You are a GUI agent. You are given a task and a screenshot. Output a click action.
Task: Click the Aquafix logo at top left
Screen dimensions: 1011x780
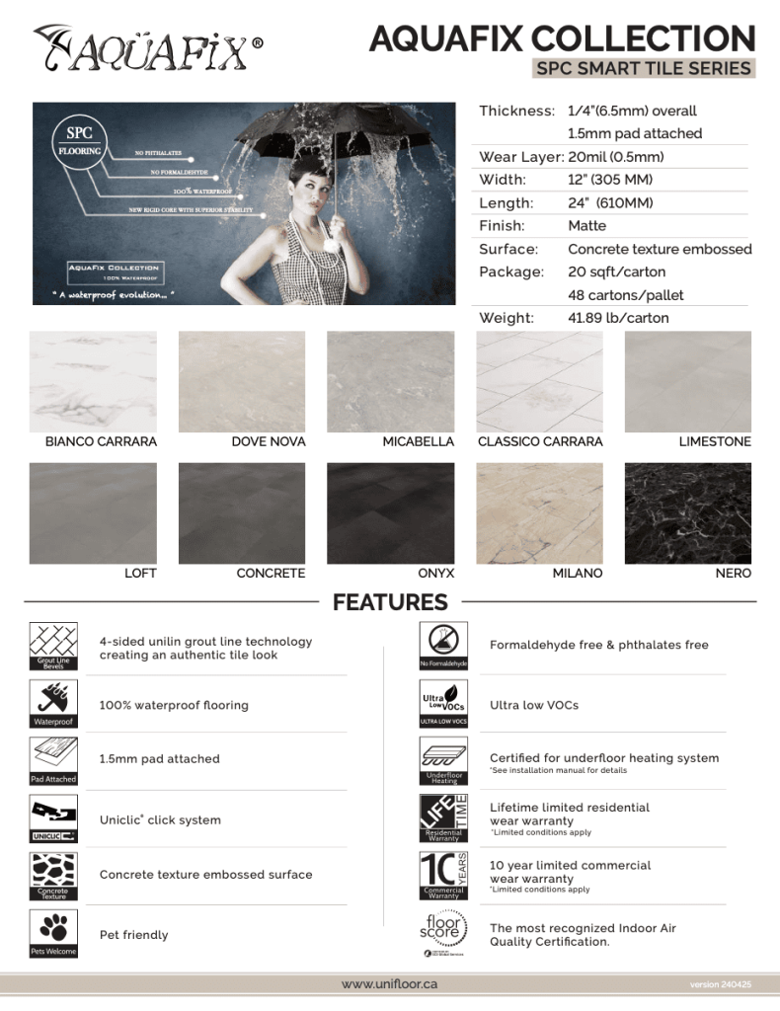click(x=148, y=48)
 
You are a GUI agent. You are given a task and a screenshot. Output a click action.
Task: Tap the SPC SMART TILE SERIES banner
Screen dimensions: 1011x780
click(x=644, y=68)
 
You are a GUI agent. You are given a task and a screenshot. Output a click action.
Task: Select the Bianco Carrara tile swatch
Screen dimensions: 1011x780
click(x=93, y=381)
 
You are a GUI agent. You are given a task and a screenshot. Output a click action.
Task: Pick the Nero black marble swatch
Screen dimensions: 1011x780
click(x=688, y=512)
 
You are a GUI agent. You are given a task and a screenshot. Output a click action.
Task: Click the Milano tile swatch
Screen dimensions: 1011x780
click(x=539, y=512)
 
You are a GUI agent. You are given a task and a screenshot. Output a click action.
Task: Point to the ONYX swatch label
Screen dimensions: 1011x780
click(x=436, y=573)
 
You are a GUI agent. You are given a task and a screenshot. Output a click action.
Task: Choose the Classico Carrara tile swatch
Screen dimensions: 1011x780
click(x=539, y=381)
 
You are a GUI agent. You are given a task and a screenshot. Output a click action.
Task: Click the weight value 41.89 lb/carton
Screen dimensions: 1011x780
click(x=618, y=318)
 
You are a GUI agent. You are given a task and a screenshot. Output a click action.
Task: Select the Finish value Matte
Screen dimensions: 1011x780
click(x=587, y=226)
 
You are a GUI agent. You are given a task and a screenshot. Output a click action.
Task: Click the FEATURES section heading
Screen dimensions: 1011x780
click(x=390, y=601)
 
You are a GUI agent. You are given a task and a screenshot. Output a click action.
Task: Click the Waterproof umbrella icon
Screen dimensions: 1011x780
click(x=53, y=703)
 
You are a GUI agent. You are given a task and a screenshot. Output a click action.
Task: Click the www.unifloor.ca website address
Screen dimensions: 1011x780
click(x=389, y=984)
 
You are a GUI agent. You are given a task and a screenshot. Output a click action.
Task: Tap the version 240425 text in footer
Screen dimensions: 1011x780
click(x=721, y=985)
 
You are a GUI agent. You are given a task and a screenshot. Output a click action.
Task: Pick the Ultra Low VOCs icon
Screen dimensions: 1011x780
click(x=443, y=703)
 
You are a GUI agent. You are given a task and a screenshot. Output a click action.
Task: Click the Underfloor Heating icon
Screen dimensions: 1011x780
click(x=443, y=760)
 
